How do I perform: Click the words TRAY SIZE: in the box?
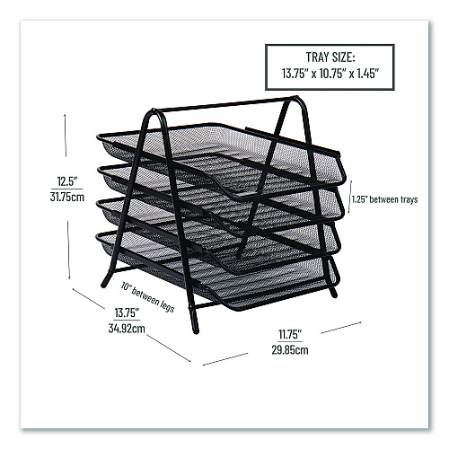tap(330, 57)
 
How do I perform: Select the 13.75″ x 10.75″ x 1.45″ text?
tap(330, 74)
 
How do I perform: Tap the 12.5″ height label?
tap(67, 181)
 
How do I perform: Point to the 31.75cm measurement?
tap(67, 197)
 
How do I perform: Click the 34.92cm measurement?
tap(127, 329)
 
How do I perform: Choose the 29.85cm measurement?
tap(290, 349)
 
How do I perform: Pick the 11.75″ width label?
tap(290, 334)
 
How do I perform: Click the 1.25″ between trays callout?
tap(384, 199)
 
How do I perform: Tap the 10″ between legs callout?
tap(147, 297)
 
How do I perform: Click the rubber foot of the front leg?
tap(195, 328)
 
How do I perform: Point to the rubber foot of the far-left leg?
tap(104, 283)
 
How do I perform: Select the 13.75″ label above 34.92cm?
tap(127, 313)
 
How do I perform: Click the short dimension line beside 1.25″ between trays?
tap(350, 197)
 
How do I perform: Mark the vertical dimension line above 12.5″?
tap(66, 135)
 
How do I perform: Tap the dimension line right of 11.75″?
tap(341, 328)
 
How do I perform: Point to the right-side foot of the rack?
tap(333, 293)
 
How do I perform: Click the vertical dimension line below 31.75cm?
tap(68, 251)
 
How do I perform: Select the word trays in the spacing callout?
tap(409, 200)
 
